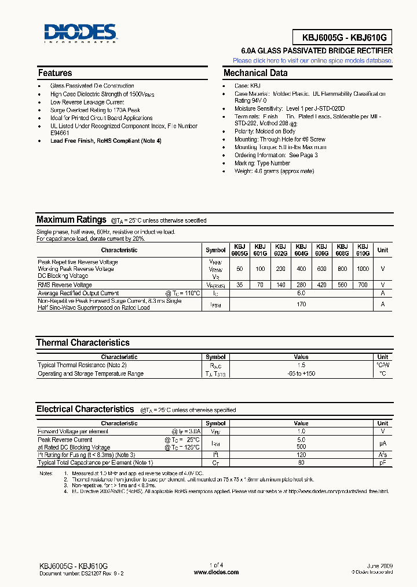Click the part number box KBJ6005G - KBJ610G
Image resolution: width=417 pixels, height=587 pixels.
pos(339,38)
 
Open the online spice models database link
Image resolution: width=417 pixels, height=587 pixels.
pos(312,60)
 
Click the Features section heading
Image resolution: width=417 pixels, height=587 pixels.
pos(55,73)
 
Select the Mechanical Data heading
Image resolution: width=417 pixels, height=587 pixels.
pos(255,73)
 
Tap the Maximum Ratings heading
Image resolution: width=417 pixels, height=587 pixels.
pos(71,220)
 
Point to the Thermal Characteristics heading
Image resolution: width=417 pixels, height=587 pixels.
pos(83,343)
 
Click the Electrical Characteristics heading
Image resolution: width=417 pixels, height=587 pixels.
pos(85,409)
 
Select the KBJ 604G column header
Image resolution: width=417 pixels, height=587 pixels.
pos(301,250)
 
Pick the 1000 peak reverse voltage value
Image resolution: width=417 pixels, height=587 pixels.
pos(363,269)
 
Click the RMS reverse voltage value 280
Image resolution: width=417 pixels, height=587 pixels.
pos(301,285)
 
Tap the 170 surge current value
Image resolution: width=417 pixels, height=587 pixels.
pos(301,304)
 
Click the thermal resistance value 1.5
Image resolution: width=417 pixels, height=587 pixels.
pos(301,365)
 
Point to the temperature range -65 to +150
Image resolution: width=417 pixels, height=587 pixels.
pos(301,374)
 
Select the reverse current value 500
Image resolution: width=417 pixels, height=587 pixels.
pos(301,447)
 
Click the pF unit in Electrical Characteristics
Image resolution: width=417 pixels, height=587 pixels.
pos(382,462)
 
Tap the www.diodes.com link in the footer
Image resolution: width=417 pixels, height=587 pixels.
pos(216,572)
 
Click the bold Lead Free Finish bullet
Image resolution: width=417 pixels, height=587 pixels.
pos(106,141)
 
